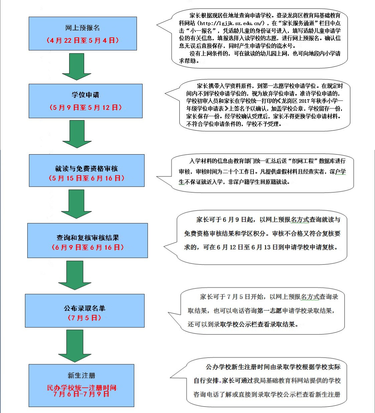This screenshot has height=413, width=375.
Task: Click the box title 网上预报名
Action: (x=82, y=28)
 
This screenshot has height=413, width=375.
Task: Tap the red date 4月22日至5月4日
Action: (x=82, y=41)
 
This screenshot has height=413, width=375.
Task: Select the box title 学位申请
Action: (x=85, y=95)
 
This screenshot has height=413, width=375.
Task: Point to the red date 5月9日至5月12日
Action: (x=86, y=108)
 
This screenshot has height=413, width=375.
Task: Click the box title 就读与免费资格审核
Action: (x=86, y=169)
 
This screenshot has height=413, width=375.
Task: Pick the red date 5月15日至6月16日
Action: (x=86, y=178)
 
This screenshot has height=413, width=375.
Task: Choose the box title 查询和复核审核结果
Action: (x=87, y=238)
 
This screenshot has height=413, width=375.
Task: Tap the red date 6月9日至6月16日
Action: (x=87, y=247)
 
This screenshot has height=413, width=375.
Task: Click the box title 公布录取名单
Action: (x=84, y=308)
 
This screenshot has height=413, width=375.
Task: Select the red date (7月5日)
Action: (x=84, y=318)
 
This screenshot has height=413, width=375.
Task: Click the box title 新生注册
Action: (x=81, y=376)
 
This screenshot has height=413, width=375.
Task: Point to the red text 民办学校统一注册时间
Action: (x=81, y=388)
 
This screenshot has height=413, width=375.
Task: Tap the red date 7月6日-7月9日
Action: (x=81, y=394)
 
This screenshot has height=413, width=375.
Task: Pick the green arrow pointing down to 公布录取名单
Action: (x=74, y=275)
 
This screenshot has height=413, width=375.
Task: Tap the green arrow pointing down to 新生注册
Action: (x=74, y=346)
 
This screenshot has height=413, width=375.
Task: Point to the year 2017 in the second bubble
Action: (x=304, y=101)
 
